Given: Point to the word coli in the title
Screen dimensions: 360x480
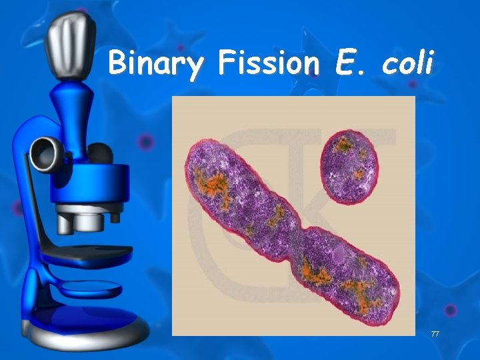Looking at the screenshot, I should click(x=407, y=63).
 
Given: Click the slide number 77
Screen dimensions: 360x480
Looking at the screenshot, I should click(x=435, y=333).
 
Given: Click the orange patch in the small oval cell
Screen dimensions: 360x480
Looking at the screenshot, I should click(x=345, y=143).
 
